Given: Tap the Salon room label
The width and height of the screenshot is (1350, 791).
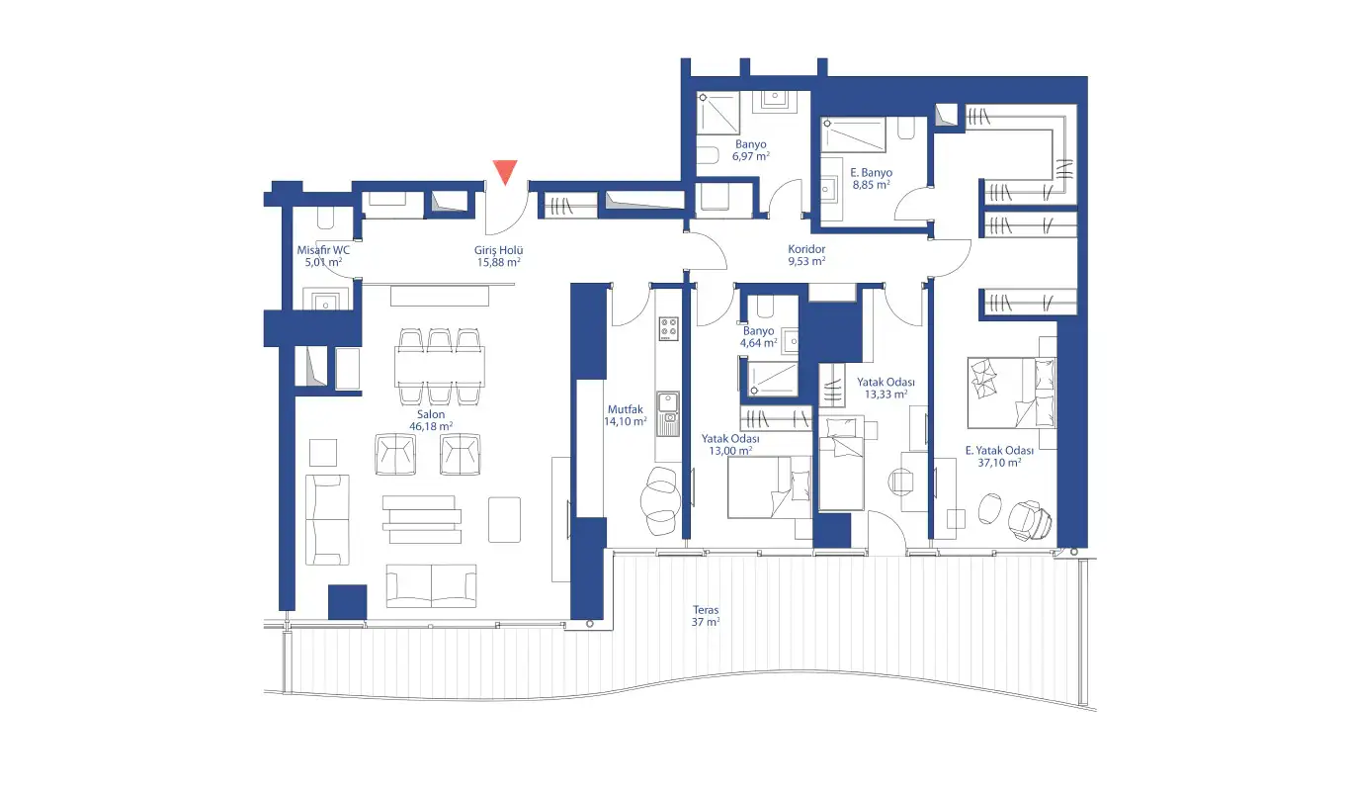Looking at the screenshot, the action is tap(431, 415).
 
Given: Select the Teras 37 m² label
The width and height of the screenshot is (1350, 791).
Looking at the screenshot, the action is tap(706, 616).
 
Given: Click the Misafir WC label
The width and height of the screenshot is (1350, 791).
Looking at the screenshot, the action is tap(323, 249).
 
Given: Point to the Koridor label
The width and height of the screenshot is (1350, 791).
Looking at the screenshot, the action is tap(806, 249).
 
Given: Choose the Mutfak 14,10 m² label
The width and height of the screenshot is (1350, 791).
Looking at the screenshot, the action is tap(626, 415).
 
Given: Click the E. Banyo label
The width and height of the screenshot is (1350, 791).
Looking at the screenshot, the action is tap(872, 172).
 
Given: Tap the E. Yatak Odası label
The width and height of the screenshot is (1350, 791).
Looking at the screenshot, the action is tap(999, 450).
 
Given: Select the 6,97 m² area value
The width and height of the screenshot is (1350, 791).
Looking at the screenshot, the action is tap(751, 156).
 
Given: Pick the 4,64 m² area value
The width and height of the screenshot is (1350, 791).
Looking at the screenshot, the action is tap(759, 343).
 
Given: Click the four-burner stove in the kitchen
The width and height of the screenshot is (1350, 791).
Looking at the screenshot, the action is tap(668, 329).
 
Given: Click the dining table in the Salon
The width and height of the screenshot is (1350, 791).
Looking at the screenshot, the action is tap(440, 367).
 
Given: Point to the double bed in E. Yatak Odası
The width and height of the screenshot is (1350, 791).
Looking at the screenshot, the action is tap(1012, 394).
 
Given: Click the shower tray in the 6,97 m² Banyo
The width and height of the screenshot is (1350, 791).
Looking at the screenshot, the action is tap(718, 114).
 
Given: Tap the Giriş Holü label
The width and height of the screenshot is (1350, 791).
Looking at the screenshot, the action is tap(498, 250).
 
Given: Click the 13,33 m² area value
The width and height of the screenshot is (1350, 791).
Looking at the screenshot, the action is tap(886, 395).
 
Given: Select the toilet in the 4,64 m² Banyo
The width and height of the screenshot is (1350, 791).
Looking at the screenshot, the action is tap(765, 307).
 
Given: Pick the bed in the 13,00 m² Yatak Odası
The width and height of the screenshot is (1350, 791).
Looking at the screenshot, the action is tap(770, 487).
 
